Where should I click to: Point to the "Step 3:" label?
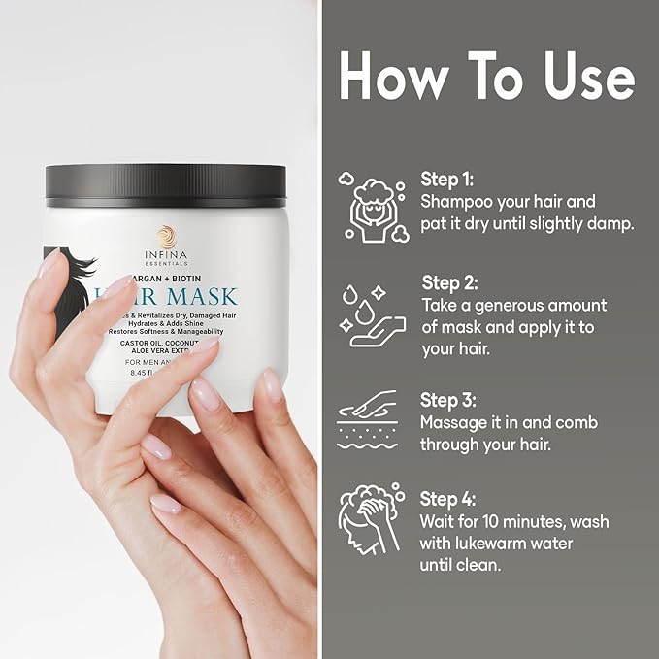pyautogui.click(x=450, y=400)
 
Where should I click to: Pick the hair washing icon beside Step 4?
pyautogui.click(x=369, y=522)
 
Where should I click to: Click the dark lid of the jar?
pyautogui.click(x=166, y=181)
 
